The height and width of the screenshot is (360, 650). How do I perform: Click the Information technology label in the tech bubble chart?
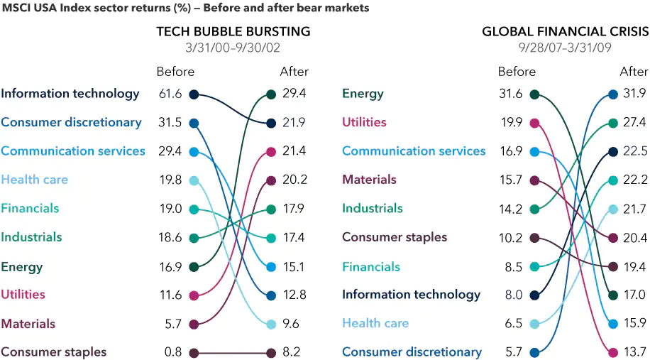[x=70, y=94]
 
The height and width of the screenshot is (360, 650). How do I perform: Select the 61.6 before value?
[x=170, y=94]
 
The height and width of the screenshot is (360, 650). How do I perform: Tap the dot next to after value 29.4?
[x=271, y=94]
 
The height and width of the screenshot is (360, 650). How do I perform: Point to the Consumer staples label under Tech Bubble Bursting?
[x=54, y=352]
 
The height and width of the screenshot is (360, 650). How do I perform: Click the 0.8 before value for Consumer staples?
[x=173, y=352]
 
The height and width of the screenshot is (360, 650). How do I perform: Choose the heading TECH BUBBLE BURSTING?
[x=233, y=32]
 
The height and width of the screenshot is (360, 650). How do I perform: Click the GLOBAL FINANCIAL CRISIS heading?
[x=565, y=32]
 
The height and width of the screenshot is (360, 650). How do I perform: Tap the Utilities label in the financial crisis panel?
[x=364, y=122]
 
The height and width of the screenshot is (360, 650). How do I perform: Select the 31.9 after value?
[x=634, y=94]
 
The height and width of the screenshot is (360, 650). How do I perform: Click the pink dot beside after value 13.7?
[x=613, y=352]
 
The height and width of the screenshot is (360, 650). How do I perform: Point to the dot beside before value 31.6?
[x=534, y=94]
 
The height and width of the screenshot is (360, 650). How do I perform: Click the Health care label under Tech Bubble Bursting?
[x=35, y=180]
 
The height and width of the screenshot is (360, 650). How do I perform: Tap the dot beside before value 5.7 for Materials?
[x=194, y=324]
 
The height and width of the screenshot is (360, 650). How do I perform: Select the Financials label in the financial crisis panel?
[x=371, y=267]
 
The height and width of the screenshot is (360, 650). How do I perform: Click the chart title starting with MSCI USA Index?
[x=184, y=8]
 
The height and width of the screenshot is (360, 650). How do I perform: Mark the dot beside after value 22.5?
[x=613, y=151]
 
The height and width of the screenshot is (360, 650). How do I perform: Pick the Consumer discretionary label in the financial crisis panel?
[x=412, y=352]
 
